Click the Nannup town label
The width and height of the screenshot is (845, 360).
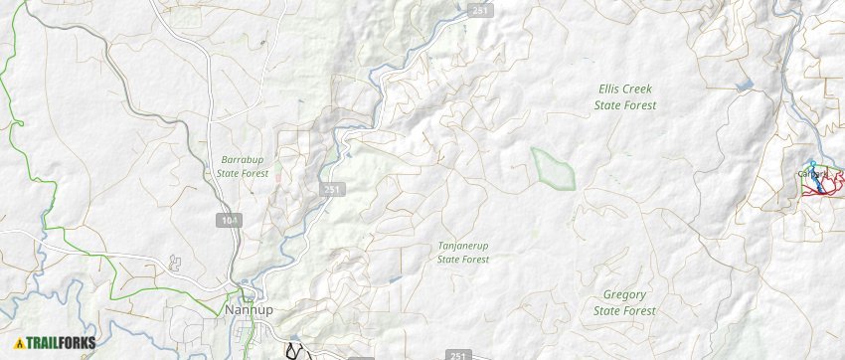(x=249, y=309)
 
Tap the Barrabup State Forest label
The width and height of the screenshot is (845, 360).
(x=243, y=166)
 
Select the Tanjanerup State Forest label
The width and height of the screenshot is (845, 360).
(x=463, y=252)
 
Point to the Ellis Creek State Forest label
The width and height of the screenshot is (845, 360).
(x=624, y=96)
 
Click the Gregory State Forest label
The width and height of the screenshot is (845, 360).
(x=624, y=302)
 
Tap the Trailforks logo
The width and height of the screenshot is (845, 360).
(x=56, y=343)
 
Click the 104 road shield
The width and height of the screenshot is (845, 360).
(x=231, y=219)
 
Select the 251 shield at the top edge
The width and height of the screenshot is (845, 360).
(x=480, y=11)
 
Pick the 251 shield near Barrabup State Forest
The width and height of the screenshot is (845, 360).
(x=332, y=188)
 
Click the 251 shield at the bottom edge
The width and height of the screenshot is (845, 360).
(x=457, y=354)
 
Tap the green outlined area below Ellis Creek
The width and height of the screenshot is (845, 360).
(x=554, y=167)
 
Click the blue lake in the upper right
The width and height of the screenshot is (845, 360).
(x=745, y=86)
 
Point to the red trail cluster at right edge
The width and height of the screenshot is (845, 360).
(x=823, y=185)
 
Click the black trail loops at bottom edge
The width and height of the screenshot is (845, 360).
(x=294, y=350)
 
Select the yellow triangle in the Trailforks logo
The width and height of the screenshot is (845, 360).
(x=19, y=343)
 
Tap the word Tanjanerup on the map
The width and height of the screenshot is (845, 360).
(x=463, y=245)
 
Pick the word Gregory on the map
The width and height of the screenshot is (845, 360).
(x=624, y=295)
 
